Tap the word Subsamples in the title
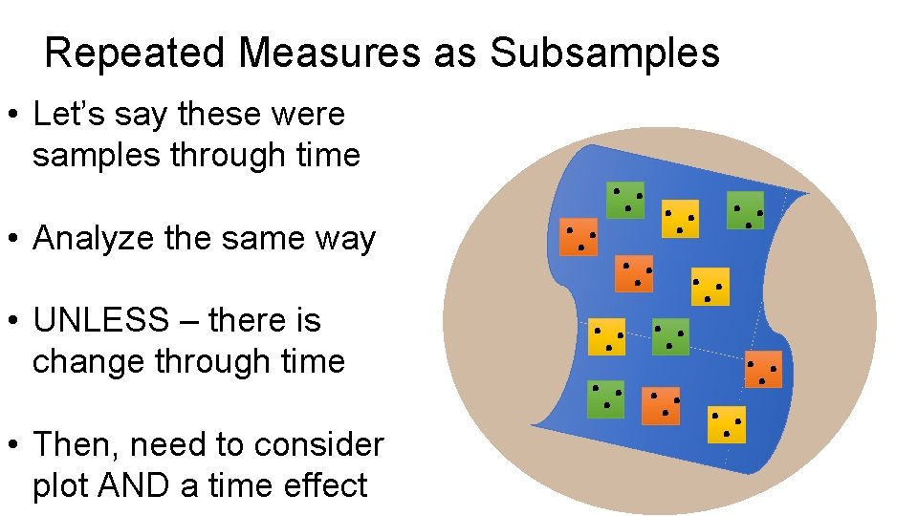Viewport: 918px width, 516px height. [x=605, y=54]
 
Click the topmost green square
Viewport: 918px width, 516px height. [x=625, y=200]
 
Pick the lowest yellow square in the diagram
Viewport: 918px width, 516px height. [x=727, y=424]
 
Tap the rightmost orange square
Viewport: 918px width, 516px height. [x=763, y=370]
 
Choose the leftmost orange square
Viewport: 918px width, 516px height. [x=579, y=237]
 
